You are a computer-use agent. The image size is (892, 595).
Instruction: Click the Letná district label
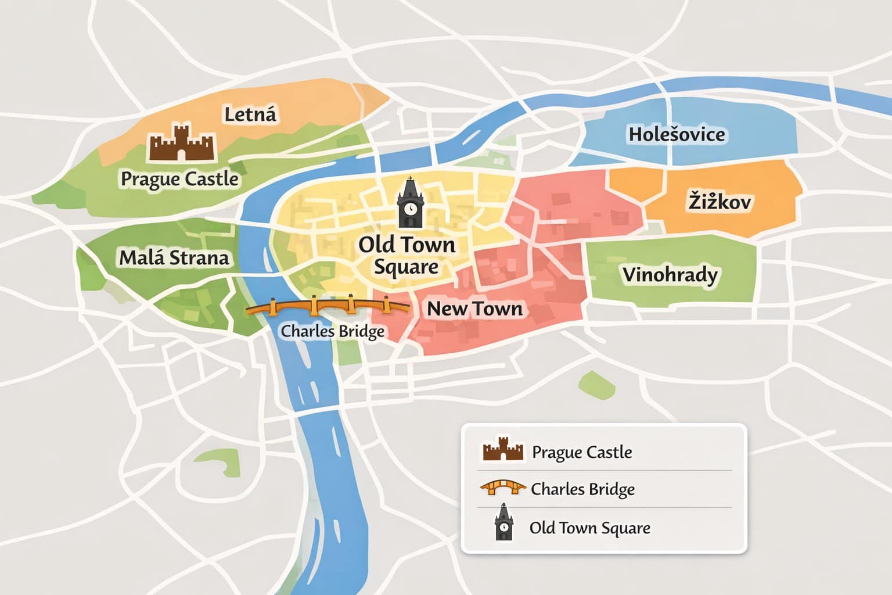click(250, 114)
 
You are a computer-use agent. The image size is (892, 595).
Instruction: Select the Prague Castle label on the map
click(179, 179)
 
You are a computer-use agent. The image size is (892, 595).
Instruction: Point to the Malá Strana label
click(174, 257)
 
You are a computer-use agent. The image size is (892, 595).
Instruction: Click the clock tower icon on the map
click(411, 203)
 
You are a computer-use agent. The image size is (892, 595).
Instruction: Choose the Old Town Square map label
click(407, 256)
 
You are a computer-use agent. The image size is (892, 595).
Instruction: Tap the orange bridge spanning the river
click(329, 306)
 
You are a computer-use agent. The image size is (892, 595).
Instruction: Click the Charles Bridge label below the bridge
click(332, 331)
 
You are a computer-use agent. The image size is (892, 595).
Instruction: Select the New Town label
click(474, 309)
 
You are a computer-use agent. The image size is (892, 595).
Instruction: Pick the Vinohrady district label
click(670, 274)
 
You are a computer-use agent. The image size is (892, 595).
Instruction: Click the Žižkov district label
click(720, 202)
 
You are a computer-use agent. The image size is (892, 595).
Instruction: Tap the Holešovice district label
click(677, 135)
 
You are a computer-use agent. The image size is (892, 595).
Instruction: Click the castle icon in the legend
click(503, 450)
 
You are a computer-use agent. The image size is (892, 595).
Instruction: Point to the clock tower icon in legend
click(503, 522)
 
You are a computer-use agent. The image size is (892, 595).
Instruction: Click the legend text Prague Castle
click(582, 452)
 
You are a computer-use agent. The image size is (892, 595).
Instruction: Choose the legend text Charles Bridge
click(582, 489)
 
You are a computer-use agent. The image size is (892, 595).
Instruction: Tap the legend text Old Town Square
click(589, 528)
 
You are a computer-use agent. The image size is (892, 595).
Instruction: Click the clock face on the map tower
click(411, 208)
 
